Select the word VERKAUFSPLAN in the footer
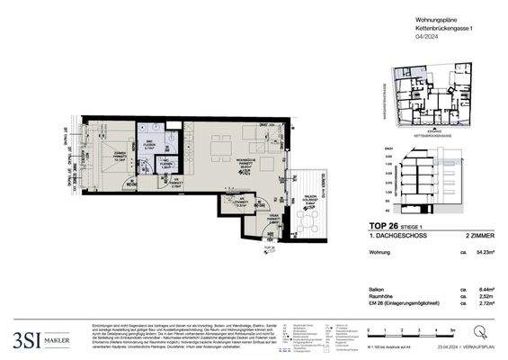click(x=485, y=346)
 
